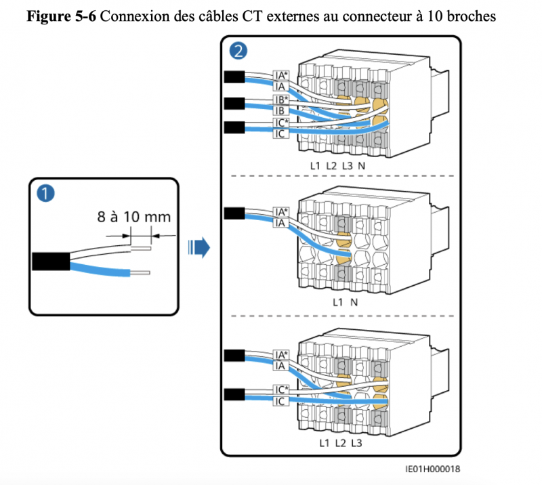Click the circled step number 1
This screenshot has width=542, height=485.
tap(46, 194)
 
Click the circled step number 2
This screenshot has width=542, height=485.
tap(238, 51)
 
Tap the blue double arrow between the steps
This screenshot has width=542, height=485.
tap(198, 248)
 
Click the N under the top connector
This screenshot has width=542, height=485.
tap(362, 165)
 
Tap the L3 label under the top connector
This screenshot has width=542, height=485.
tap(347, 165)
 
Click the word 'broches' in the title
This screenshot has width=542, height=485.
tap(475, 16)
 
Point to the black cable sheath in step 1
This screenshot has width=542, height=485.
tap(49, 261)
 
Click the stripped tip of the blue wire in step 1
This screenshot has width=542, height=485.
tap(140, 274)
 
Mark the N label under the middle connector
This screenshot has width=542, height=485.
tap(354, 302)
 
